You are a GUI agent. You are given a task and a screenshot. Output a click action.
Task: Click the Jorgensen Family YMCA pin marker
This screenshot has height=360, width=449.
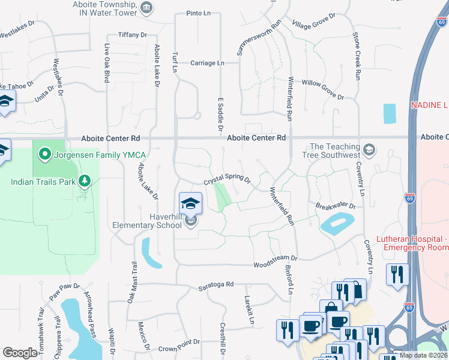point(43,155)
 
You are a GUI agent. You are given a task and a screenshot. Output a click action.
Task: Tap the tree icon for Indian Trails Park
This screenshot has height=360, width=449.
point(85,181)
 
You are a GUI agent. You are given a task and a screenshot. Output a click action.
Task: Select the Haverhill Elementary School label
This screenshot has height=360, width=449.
point(148,221)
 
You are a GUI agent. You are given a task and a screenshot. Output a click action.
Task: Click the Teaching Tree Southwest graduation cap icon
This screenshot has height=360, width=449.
point(370,149)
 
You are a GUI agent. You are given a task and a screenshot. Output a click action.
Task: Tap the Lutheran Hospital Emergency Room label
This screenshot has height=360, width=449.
point(412,243)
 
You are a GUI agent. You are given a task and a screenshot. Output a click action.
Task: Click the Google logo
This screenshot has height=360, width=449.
point(19,353)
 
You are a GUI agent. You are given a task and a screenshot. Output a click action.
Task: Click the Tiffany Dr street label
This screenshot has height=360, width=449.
point(133,35)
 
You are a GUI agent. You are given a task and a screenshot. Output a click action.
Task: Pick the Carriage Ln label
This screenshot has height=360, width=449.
point(207,62)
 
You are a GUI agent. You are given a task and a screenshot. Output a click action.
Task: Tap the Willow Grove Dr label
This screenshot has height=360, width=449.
point(322,89)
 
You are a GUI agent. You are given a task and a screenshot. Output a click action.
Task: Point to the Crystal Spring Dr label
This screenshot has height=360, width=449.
point(226,181)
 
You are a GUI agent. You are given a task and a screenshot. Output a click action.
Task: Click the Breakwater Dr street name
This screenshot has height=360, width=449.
point(336,206)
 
